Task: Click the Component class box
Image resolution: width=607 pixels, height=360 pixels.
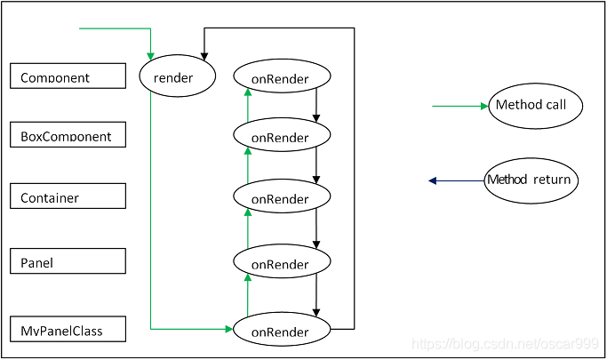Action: pyautogui.click(x=68, y=76)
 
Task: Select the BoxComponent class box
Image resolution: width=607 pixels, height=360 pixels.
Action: pyautogui.click(x=68, y=135)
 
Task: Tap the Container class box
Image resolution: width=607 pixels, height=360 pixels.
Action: pyautogui.click(x=68, y=196)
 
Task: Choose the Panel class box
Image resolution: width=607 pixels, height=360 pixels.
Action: pyautogui.click(x=68, y=261)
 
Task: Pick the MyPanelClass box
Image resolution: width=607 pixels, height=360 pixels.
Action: pyautogui.click(x=68, y=329)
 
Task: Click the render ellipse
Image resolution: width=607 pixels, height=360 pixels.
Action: pyautogui.click(x=177, y=76)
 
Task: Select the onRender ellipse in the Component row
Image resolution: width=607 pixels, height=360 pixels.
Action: pyautogui.click(x=282, y=76)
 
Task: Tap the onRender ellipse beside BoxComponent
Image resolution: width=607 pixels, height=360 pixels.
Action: pyautogui.click(x=282, y=135)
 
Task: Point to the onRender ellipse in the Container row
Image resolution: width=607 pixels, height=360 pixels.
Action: pyautogui.click(x=282, y=196)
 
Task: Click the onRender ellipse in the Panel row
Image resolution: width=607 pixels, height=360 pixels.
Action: pyautogui.click(x=282, y=261)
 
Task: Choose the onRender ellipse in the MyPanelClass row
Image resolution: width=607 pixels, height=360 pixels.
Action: pyautogui.click(x=282, y=329)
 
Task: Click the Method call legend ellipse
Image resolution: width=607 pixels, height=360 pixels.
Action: pyautogui.click(x=535, y=106)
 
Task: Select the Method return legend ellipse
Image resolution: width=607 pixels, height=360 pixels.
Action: pyautogui.click(x=531, y=180)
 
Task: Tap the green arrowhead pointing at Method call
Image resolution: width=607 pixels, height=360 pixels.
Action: pyautogui.click(x=484, y=106)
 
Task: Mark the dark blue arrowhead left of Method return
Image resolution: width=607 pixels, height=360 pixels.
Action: pyautogui.click(x=433, y=180)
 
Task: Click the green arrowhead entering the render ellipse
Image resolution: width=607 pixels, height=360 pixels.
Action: pyautogui.click(x=150, y=57)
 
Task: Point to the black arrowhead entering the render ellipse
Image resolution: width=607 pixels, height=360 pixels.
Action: pyautogui.click(x=204, y=57)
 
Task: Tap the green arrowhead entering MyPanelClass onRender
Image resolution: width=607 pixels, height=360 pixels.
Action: pyautogui.click(x=229, y=329)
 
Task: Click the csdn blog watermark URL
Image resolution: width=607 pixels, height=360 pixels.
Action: pyautogui.click(x=505, y=344)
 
